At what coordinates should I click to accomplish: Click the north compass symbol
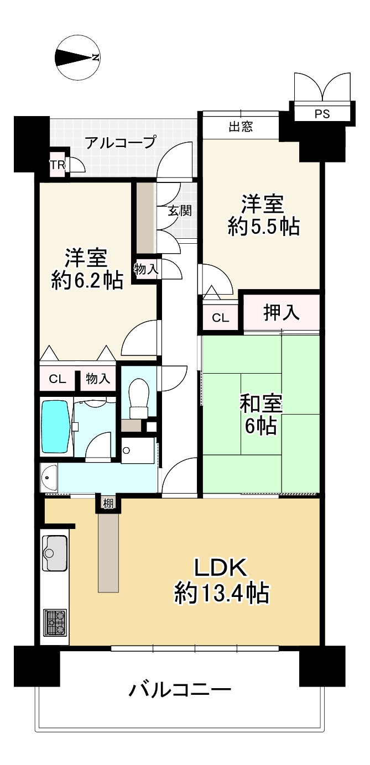click(x=77, y=57)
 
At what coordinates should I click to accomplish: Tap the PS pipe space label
click(x=321, y=114)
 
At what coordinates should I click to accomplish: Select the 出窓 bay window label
click(x=241, y=127)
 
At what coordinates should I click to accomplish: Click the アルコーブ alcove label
click(x=120, y=143)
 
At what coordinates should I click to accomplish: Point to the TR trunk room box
click(x=58, y=165)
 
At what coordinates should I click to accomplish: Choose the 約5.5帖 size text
click(x=264, y=226)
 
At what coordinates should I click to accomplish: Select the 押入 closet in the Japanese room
click(x=282, y=313)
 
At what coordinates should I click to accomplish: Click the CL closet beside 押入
click(x=220, y=318)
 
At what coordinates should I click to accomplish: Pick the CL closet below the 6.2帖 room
click(x=58, y=379)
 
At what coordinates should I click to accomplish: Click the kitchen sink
click(x=54, y=552)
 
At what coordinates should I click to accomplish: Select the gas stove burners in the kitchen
click(x=55, y=622)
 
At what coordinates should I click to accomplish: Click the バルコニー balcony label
click(x=180, y=690)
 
